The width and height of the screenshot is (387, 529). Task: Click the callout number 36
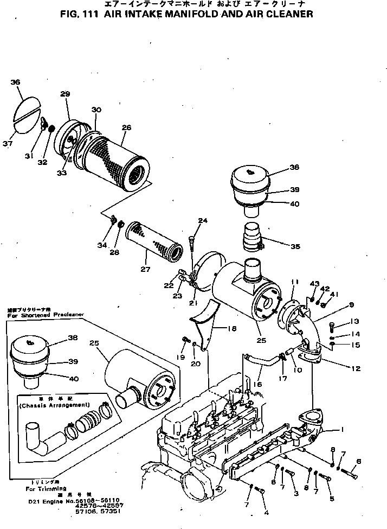tap(15, 82)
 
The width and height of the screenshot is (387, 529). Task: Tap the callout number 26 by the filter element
tap(126, 128)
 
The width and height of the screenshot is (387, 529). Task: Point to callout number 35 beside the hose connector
tap(294, 246)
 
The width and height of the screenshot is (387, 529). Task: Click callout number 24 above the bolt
tap(203, 221)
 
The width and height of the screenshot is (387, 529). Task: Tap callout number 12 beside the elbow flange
tap(355, 369)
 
